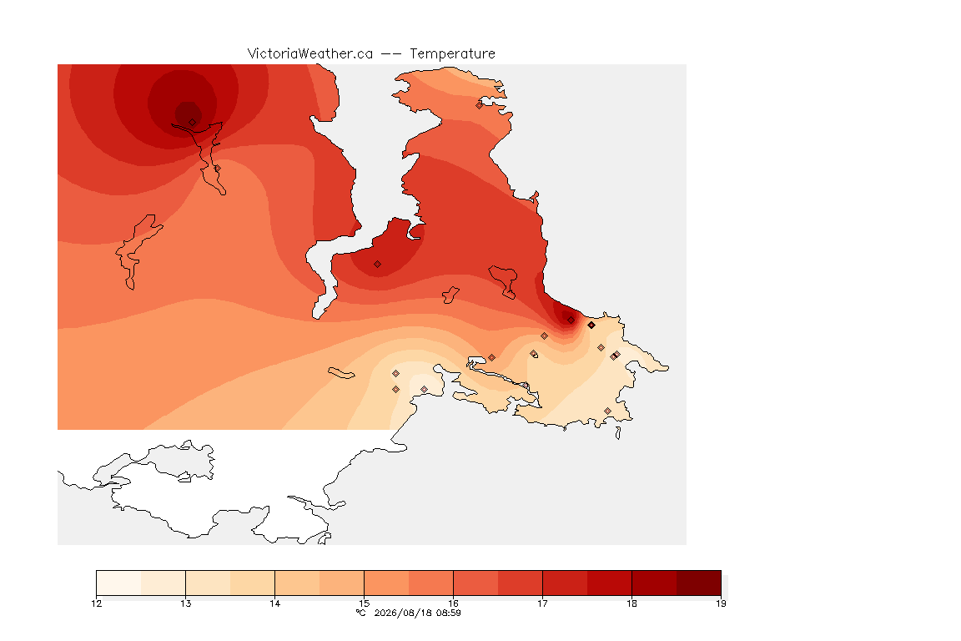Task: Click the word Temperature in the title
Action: pos(452,54)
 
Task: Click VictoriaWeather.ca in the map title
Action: pos(310,54)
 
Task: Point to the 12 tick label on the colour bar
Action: pos(96,603)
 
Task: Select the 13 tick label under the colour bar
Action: pos(186,603)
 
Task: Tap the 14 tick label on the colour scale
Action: pos(274,603)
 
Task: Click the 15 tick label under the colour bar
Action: pos(364,603)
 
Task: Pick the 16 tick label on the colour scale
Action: pos(454,603)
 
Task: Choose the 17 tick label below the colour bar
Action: pos(542,603)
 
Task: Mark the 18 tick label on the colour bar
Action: pos(631,603)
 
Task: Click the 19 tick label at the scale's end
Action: pos(721,603)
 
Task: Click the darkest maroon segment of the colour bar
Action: pos(699,583)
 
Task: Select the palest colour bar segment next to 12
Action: pos(119,583)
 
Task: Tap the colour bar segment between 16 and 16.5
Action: pos(475,583)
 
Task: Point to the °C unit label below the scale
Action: pos(361,613)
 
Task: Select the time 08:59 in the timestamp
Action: pos(447,613)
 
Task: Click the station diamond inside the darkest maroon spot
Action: pos(193,123)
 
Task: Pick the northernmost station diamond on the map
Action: pos(480,105)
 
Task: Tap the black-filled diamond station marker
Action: pos(591,326)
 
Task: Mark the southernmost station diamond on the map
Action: pos(607,411)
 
